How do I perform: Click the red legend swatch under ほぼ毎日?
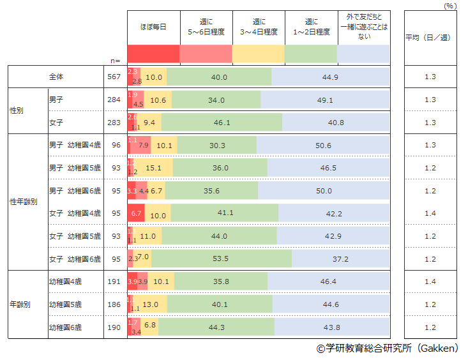coord(154,54)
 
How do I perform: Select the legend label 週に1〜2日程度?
coord(311,27)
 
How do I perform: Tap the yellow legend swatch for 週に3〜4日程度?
coord(259,54)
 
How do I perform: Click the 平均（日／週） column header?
coord(428,37)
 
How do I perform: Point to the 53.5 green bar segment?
coord(222,259)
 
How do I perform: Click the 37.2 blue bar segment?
coord(340,259)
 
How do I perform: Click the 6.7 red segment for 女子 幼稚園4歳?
coord(136,213)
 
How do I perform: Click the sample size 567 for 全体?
coord(115,77)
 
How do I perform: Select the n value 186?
coord(115,304)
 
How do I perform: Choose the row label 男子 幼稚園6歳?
coord(75,191)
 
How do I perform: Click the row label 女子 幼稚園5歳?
coord(75,236)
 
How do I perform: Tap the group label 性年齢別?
coord(24,202)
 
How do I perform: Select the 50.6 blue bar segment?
coord(323,145)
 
